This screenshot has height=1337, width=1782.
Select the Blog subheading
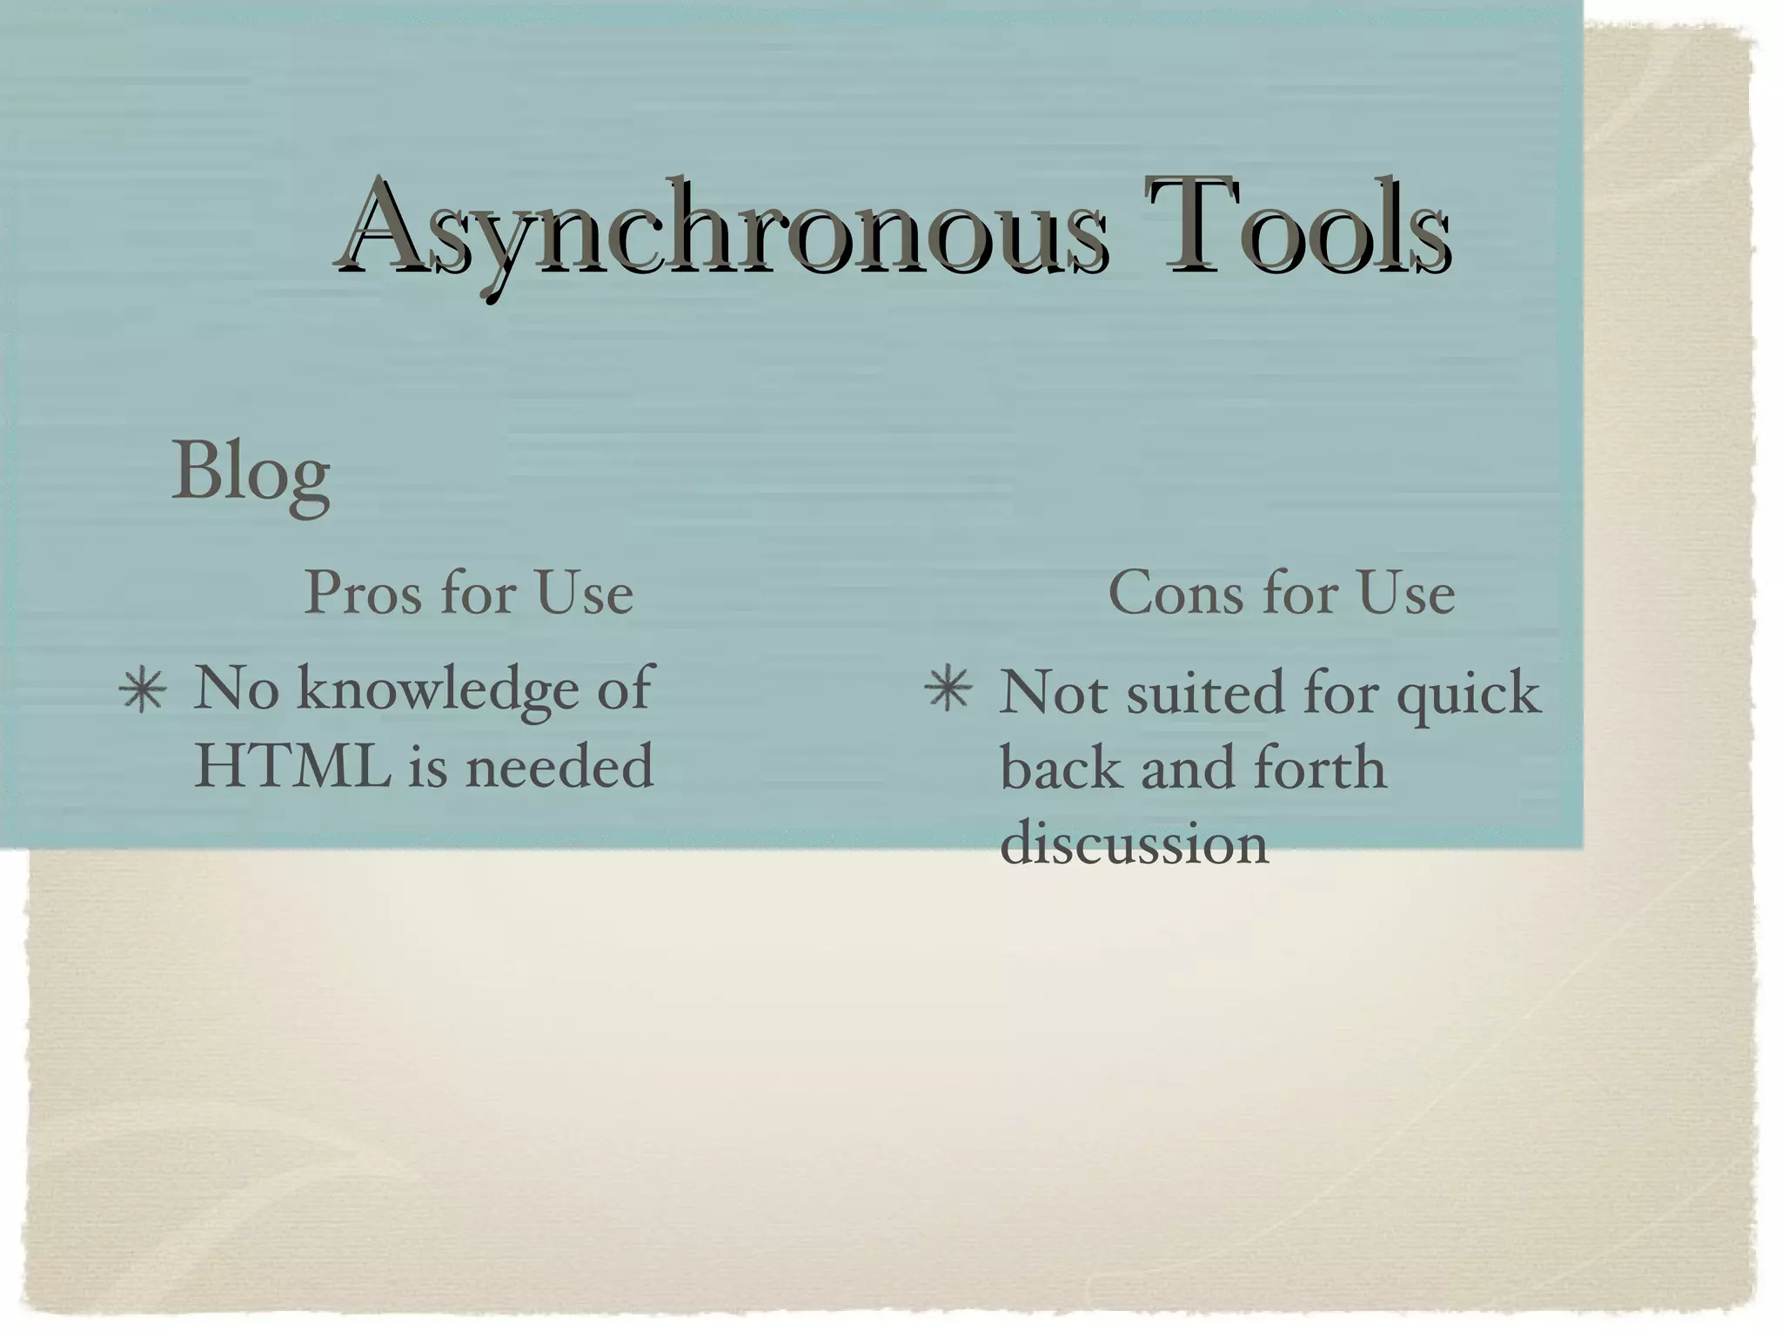(251, 474)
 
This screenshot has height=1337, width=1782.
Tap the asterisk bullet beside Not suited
(948, 692)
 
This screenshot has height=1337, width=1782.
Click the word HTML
(293, 766)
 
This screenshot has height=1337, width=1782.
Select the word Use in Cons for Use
(1406, 594)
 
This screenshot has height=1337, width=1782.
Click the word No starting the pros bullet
(236, 689)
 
